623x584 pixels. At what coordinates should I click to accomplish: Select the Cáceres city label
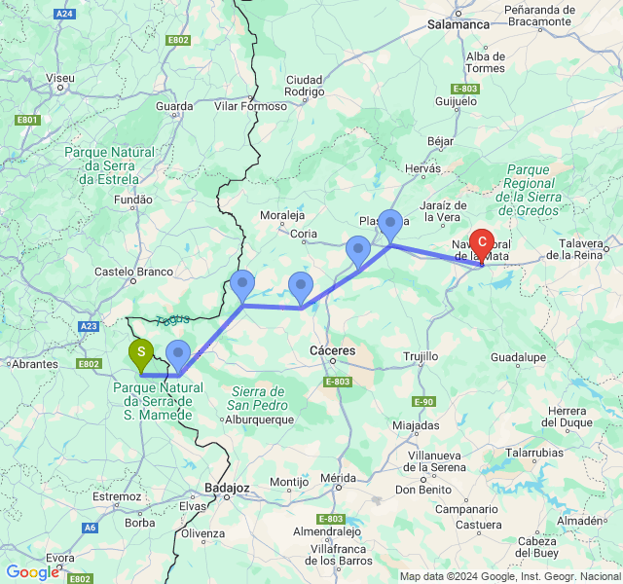332,350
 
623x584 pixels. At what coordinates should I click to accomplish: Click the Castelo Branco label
133,273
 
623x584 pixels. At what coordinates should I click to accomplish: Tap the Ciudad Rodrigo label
304,87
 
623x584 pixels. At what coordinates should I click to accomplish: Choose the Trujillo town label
420,356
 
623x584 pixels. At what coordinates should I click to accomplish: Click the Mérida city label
338,478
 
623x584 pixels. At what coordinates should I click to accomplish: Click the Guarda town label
174,105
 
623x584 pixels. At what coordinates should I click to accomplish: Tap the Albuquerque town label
259,420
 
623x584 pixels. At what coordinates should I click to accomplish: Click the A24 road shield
65,14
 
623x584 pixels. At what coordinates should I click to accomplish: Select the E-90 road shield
423,402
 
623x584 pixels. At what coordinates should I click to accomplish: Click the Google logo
31,572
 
